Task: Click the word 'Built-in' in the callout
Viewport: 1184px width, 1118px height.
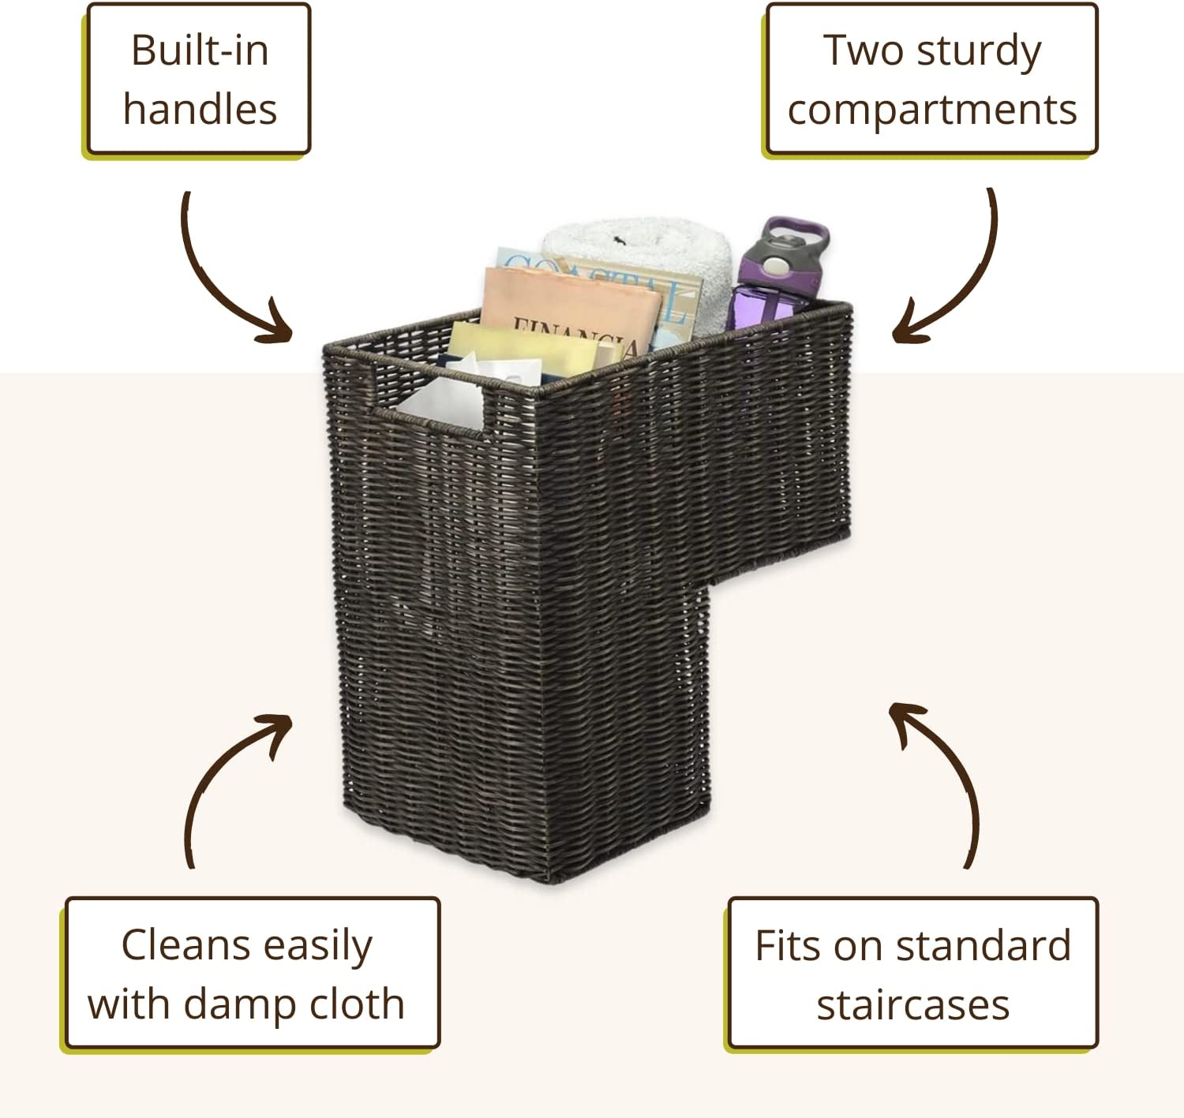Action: [200, 50]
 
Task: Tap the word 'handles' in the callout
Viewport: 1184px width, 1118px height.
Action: [200, 109]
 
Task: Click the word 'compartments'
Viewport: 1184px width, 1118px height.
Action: [932, 110]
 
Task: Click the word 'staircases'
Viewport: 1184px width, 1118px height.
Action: [913, 1005]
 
